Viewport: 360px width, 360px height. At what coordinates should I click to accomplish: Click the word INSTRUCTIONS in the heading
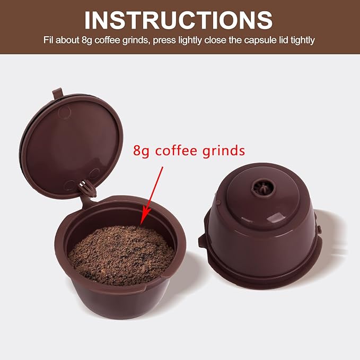tap(179, 20)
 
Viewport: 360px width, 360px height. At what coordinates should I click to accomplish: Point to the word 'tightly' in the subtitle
tap(296, 40)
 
